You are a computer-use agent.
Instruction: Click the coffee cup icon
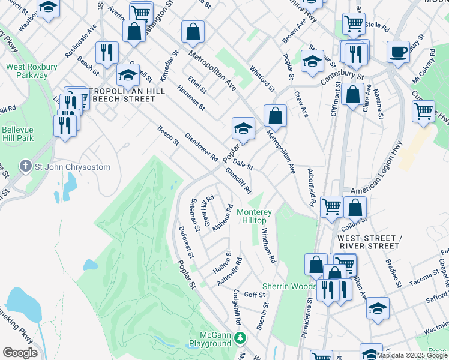[x=398, y=52]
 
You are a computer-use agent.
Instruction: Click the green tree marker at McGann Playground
[x=240, y=339]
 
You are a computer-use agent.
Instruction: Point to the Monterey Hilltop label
[x=255, y=217]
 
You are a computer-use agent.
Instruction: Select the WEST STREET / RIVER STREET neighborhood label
[x=367, y=242]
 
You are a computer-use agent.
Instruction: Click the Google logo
[x=20, y=352]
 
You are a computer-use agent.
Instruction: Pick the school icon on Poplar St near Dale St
[x=243, y=128]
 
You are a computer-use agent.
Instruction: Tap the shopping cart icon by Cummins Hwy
[x=423, y=112]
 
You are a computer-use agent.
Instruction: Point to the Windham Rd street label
[x=268, y=247]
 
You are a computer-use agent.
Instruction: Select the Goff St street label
[x=255, y=295]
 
